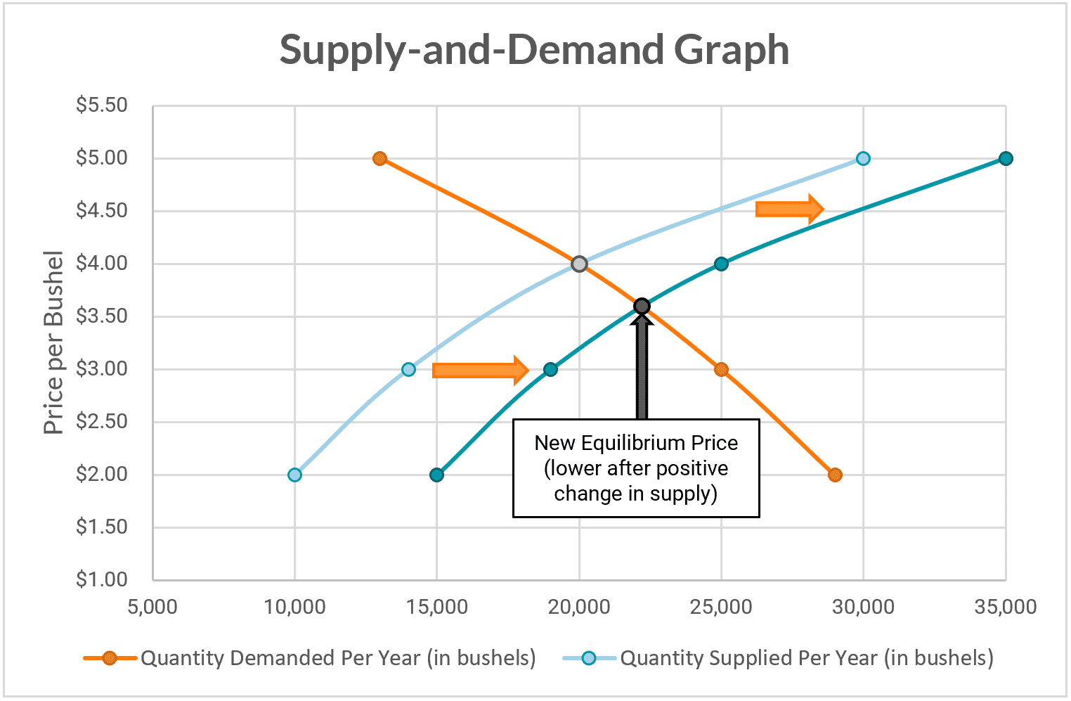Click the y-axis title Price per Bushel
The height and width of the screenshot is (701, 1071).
tap(53, 342)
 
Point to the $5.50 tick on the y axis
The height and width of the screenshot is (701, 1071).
tap(102, 105)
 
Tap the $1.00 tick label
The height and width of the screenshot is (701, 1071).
tap(102, 579)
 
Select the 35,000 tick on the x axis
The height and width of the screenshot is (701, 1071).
tap(1005, 607)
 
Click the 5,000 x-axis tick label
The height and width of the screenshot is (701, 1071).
tap(152, 607)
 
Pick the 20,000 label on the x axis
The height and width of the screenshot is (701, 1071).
tap(579, 607)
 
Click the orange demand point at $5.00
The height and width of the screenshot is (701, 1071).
tap(380, 158)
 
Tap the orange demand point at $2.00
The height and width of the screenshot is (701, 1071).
tap(835, 475)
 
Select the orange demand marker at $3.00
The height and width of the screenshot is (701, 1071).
tap(721, 369)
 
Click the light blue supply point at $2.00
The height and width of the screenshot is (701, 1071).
tap(294, 475)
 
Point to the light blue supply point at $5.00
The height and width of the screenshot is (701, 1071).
tap(863, 158)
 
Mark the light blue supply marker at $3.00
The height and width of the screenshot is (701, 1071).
tap(408, 369)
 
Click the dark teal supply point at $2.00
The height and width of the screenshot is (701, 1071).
tap(436, 475)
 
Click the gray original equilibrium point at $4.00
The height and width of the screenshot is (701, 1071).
tap(579, 264)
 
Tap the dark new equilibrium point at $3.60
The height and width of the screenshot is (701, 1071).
tap(642, 306)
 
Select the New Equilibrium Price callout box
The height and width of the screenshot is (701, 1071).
tap(636, 468)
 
